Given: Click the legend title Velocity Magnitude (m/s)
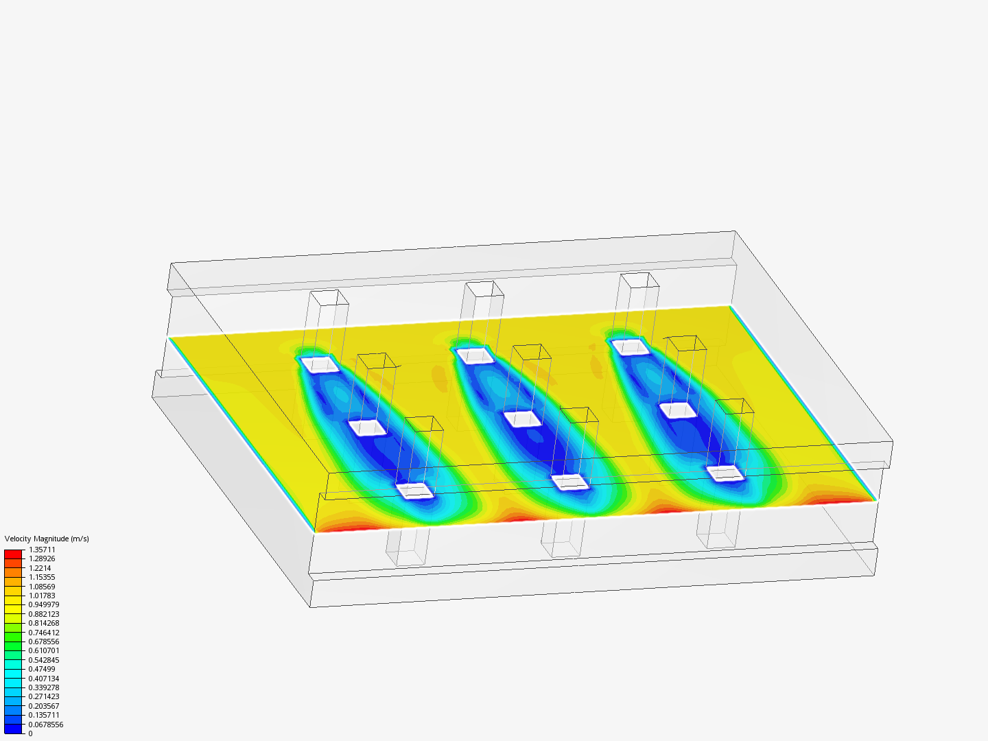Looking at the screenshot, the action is tap(47, 539).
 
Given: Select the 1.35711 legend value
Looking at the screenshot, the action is tap(42, 550).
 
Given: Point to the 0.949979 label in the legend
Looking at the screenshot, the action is tap(44, 604).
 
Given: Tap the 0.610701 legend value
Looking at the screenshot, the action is tap(44, 650).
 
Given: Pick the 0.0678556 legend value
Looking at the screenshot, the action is tap(45, 725).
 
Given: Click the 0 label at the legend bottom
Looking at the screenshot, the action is tap(31, 733).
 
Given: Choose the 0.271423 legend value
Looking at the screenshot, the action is tap(44, 696).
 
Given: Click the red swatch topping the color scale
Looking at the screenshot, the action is tap(13, 554).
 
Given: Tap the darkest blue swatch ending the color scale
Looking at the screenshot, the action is tap(13, 729).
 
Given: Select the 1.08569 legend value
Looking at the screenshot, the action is tap(42, 586).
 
